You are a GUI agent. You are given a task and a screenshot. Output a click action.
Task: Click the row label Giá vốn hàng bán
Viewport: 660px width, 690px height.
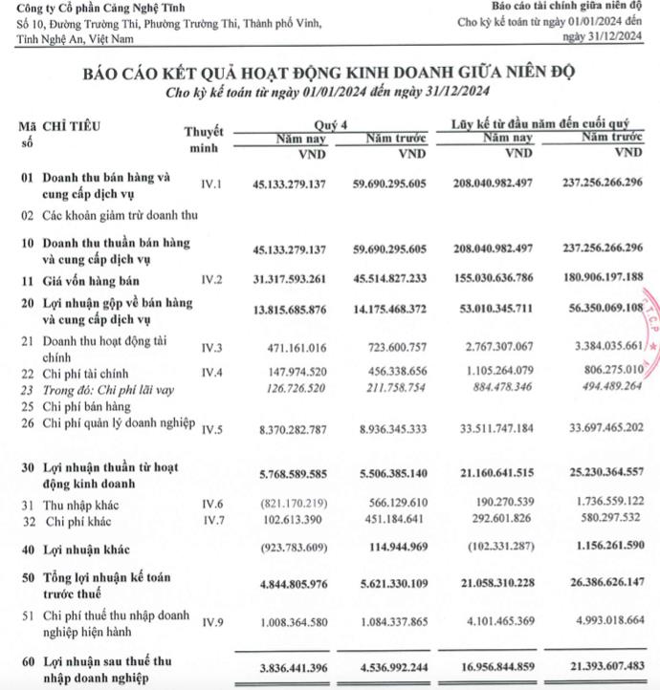(x=95, y=281)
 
